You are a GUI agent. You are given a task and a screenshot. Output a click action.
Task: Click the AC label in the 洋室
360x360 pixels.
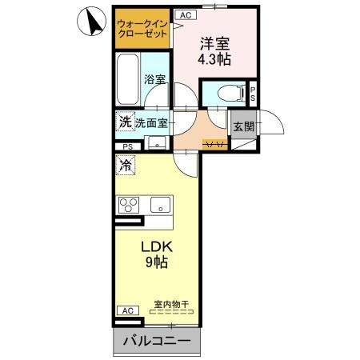(x=185, y=14)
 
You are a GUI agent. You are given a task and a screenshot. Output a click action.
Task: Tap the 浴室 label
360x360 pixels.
(x=154, y=80)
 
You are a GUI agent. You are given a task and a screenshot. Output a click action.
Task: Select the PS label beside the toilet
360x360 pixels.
(x=253, y=93)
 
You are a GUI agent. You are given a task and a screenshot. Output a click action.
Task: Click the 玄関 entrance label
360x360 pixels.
(x=242, y=126)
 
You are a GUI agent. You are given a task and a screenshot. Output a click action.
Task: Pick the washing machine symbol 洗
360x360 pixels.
(x=125, y=122)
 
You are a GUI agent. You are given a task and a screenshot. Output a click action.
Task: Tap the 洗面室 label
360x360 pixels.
(x=150, y=123)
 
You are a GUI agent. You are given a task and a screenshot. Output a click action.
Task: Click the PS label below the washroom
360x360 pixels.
(x=128, y=146)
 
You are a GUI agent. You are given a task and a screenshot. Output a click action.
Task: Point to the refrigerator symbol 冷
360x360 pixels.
(x=126, y=166)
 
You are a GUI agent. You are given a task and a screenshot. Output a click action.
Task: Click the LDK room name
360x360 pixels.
(x=158, y=245)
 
